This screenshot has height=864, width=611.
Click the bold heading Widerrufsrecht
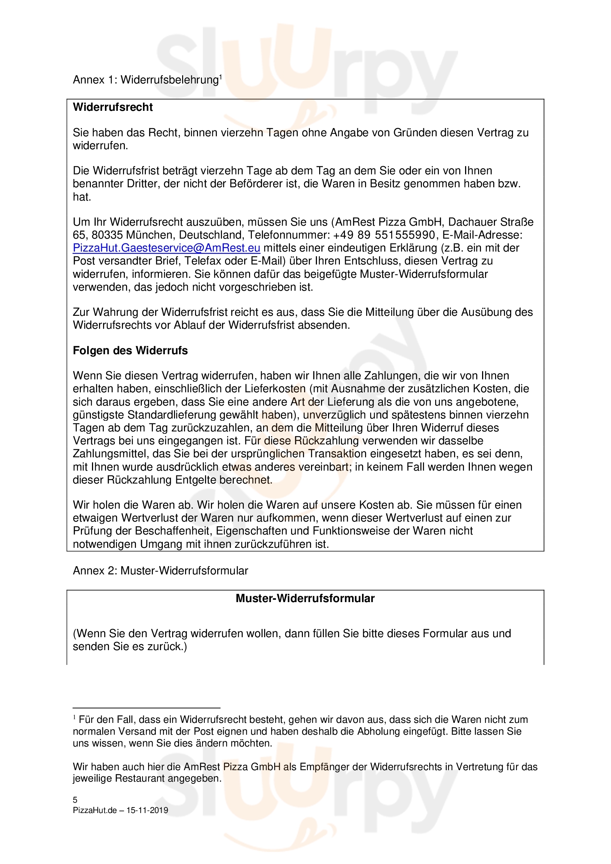[113, 107]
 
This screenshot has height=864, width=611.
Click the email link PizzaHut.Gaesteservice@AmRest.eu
[166, 248]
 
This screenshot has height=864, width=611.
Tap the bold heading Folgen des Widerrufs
[130, 351]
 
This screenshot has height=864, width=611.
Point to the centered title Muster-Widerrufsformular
[305, 599]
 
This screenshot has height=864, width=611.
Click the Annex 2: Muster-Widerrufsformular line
[160, 571]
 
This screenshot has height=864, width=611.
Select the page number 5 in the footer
[75, 800]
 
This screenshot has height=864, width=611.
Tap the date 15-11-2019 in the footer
[147, 810]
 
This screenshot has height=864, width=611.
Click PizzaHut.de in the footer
[95, 810]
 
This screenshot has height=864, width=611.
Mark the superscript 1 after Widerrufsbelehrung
[221, 77]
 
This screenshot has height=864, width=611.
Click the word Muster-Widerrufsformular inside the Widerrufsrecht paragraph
[424, 274]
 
